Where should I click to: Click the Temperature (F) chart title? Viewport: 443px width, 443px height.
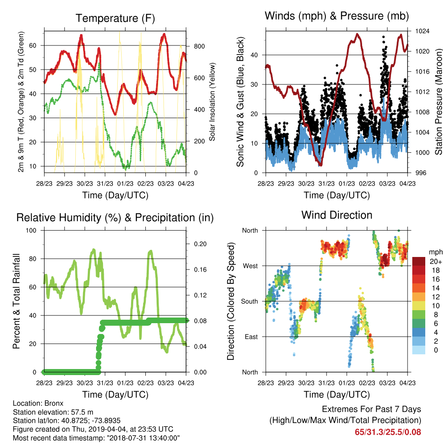pos(115,18)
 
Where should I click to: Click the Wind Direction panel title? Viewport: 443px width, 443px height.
pos(337,215)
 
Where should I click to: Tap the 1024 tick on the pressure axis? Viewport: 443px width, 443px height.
pos(422,31)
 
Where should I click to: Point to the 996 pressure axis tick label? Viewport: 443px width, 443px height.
pos(421,173)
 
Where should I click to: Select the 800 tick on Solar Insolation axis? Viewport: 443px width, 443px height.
pos(199,46)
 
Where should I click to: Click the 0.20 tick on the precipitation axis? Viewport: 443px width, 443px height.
pos(200,244)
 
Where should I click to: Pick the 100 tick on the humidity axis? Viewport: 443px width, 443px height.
pos(31,230)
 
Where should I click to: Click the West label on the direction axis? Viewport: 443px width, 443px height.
pos(250,266)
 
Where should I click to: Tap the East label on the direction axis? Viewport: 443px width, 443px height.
pos(251,337)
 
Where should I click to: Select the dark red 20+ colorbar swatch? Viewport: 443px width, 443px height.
pos(419,261)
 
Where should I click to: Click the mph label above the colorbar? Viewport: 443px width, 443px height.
pos(436,252)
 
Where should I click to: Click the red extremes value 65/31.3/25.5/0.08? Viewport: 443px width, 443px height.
pos(388,432)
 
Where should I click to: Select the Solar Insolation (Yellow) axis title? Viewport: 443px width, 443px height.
pos(212,102)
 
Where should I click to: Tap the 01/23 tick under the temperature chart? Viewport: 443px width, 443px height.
pos(125,183)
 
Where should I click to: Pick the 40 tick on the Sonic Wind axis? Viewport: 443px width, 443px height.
pos(254,55)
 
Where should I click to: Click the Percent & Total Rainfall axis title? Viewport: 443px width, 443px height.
pos(16,301)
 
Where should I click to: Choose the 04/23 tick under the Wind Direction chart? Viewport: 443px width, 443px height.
pos(408,383)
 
